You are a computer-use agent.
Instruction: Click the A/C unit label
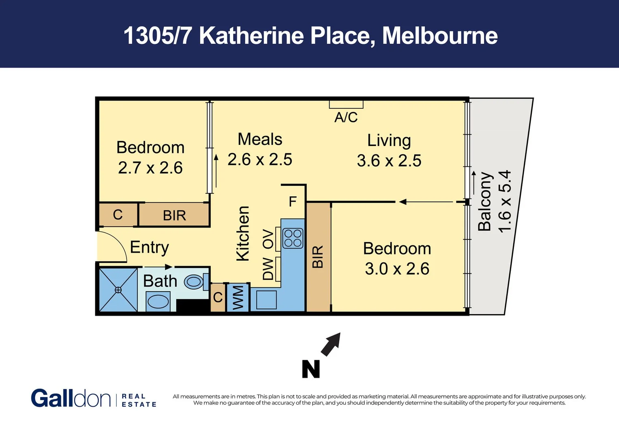(346, 117)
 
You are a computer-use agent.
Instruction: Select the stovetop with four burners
(293, 238)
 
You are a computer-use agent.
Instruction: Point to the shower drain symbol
(118, 290)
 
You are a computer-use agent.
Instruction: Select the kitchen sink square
(266, 300)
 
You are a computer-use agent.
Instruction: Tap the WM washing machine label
(238, 297)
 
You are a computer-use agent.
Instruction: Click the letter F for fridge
(293, 202)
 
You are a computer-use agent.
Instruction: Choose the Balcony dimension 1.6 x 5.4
(505, 202)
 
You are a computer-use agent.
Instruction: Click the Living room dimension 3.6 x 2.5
(389, 161)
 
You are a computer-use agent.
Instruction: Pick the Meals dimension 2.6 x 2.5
(259, 159)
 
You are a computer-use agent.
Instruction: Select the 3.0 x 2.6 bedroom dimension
(397, 268)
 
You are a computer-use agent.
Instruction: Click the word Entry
(149, 247)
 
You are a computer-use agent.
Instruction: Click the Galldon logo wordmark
(71, 398)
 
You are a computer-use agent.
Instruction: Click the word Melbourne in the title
(440, 36)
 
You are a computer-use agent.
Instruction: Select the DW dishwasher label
(268, 269)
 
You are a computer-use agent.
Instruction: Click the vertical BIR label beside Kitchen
(318, 257)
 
